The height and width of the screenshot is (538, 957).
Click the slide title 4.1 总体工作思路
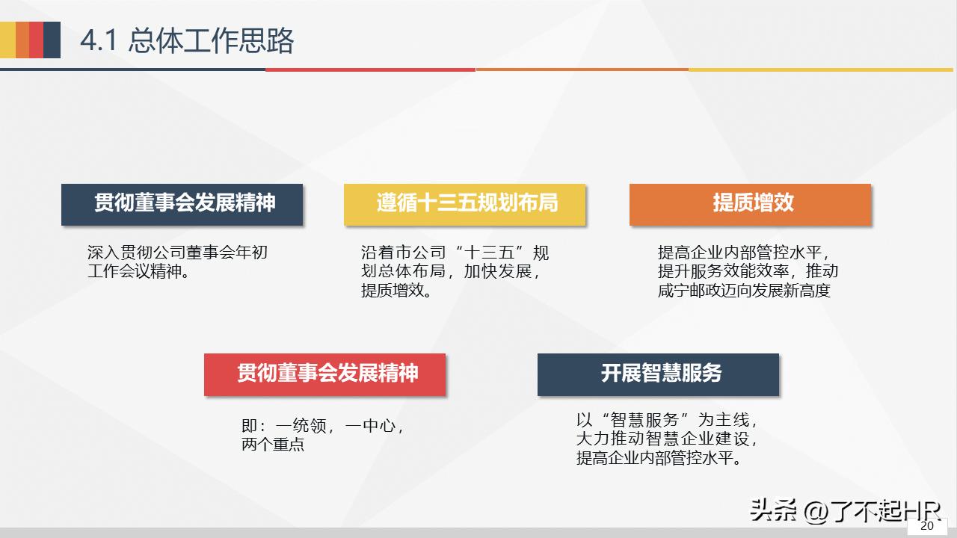pos(187,40)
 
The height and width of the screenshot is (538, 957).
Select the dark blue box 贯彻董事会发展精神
pos(182,204)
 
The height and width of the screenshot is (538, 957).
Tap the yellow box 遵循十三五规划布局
pos(464,204)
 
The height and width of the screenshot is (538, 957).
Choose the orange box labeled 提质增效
pos(750,204)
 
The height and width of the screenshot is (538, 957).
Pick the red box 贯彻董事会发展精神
pos(324,374)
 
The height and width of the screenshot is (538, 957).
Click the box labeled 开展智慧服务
pos(658,374)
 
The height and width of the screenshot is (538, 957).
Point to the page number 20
pos(926,526)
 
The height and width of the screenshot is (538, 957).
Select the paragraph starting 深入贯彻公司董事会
pos(177,262)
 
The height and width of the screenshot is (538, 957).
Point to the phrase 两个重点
pos(273,445)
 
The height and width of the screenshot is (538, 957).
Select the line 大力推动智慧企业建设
pos(667,439)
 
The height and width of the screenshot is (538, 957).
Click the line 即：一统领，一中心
pos(323,427)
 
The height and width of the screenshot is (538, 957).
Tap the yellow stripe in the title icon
pos(7,40)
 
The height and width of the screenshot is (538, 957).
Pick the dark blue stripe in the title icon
pos(52,40)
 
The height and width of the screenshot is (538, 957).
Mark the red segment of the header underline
pos(370,69)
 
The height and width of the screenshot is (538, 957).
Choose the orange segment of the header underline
pos(582,69)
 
